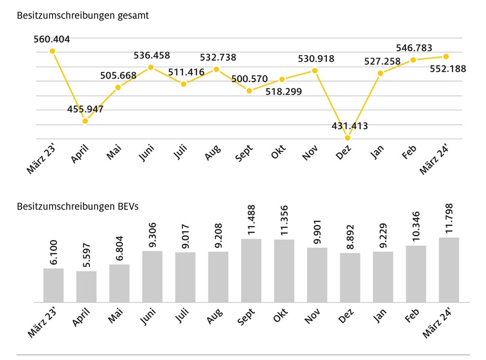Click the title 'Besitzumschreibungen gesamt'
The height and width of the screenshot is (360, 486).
coord(83,16)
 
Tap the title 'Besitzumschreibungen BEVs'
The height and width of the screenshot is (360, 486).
coord(78,206)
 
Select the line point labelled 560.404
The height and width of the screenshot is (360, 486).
coord(52,51)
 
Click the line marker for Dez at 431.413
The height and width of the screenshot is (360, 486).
coord(347,138)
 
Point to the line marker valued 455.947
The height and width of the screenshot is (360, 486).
coord(85,121)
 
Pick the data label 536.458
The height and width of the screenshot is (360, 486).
coord(151,56)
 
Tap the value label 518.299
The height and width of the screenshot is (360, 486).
coord(282,91)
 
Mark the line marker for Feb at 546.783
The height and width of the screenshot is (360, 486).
coord(413,60)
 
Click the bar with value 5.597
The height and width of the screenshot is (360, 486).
coord(86,287)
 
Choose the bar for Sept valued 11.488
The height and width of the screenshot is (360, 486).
coord(251,271)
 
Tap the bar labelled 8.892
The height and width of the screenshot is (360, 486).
coord(350,278)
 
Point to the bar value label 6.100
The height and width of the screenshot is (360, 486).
coord(53,253)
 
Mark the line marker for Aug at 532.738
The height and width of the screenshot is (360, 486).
coord(217,69)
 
